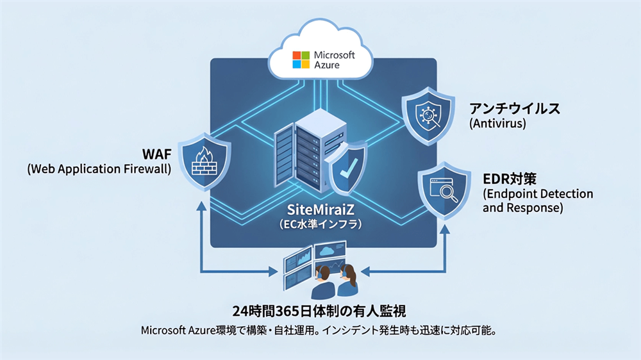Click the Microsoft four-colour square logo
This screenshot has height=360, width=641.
(x=301, y=60)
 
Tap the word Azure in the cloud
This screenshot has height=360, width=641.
(x=327, y=65)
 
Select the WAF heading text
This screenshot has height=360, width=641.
(x=156, y=154)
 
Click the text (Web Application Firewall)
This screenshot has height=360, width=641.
(x=100, y=169)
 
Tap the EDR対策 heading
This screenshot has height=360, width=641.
(x=513, y=178)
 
